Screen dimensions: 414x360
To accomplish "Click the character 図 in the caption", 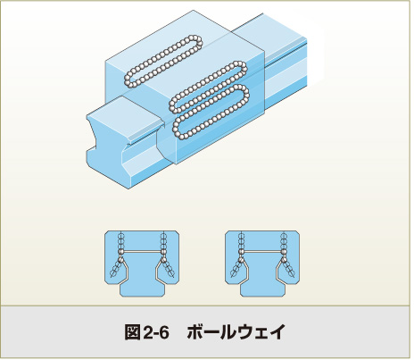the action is tap(132, 332).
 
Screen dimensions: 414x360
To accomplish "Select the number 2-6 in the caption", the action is tap(156, 332).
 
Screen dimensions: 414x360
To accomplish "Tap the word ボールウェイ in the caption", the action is tap(236, 332).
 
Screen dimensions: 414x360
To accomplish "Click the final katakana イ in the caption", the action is tap(277, 332).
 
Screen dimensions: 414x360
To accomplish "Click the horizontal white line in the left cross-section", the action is tap(142, 252).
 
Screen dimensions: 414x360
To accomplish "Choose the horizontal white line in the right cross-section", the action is tap(262, 252).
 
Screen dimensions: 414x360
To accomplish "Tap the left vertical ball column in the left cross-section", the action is tap(120, 242).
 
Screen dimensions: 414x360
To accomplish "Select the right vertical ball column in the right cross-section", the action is tap(284, 242).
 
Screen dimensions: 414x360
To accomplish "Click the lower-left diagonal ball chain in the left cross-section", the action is tap(116, 268).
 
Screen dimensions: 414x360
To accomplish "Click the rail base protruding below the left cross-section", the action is tap(142, 289).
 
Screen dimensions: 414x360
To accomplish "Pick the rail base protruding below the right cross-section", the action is tap(262, 289).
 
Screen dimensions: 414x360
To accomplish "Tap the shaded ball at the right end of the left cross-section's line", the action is tap(162, 253).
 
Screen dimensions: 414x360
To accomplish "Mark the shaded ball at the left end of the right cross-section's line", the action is tap(241, 253).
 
